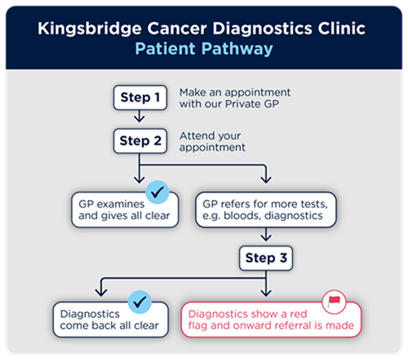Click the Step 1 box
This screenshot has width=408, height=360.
(140, 98)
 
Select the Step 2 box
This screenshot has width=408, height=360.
(140, 141)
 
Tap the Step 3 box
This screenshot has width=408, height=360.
(266, 258)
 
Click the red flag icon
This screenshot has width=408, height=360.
(334, 302)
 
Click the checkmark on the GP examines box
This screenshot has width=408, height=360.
(157, 192)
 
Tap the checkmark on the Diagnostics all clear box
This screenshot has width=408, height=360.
(140, 302)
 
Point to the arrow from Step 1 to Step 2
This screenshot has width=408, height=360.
(140, 116)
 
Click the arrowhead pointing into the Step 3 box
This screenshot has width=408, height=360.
(266, 238)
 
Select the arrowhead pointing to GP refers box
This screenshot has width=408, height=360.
(266, 180)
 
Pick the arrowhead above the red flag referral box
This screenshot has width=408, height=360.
(266, 293)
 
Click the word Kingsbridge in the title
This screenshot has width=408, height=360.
(90, 29)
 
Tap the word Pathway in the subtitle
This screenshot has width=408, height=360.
(237, 49)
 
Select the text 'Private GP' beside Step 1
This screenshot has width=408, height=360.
(252, 104)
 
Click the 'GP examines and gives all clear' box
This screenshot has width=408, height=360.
(125, 210)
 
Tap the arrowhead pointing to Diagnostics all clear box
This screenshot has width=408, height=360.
(101, 293)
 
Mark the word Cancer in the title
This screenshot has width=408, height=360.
(177, 29)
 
